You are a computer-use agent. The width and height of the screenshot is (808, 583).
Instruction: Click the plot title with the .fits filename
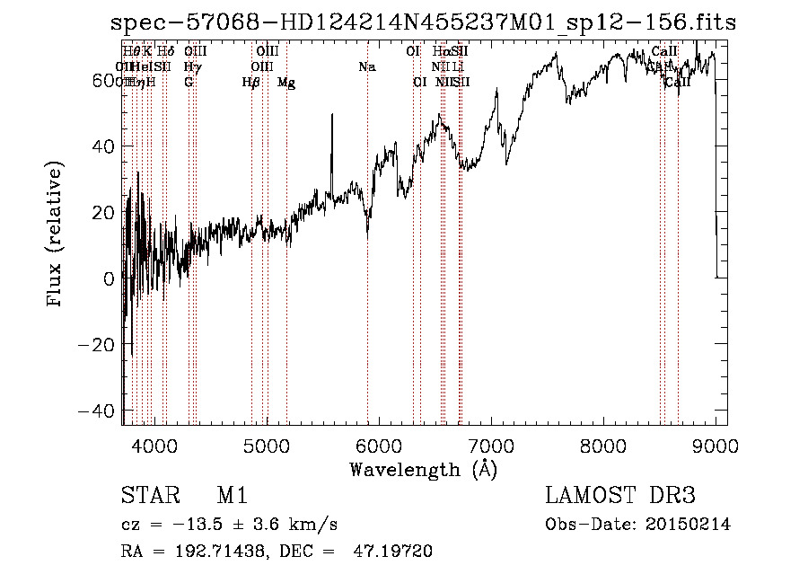(x=423, y=22)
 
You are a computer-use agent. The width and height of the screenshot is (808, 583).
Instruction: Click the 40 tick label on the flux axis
(x=106, y=146)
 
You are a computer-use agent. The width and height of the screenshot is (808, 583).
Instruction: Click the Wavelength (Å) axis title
(x=423, y=469)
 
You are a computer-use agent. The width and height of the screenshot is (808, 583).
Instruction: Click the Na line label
(x=366, y=67)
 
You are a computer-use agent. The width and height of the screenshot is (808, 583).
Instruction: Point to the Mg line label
(x=286, y=83)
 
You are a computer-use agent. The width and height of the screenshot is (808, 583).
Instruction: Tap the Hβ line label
(x=251, y=83)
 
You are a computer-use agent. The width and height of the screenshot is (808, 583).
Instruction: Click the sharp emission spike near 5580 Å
(x=332, y=117)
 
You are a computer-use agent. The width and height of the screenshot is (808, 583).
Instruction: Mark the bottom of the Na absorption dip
(x=367, y=234)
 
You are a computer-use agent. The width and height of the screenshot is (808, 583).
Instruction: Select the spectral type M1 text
(x=232, y=496)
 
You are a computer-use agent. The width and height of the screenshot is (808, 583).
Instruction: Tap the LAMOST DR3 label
(x=620, y=496)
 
